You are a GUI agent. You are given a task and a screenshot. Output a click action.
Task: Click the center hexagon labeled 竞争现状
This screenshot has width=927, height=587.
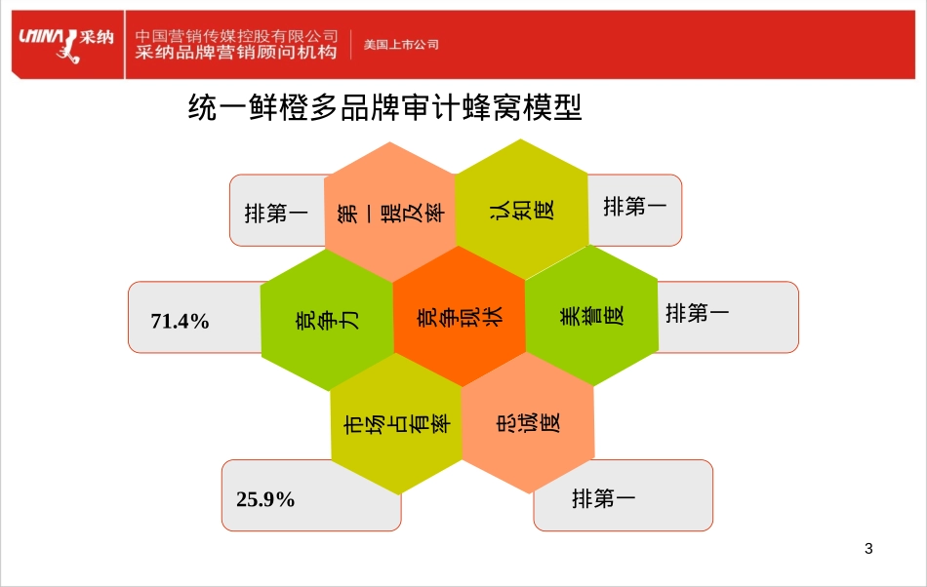[460, 316]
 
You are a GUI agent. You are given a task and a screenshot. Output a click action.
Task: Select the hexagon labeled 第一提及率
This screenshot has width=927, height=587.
[390, 211]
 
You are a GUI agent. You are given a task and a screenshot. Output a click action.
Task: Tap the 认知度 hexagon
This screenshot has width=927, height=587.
[522, 209]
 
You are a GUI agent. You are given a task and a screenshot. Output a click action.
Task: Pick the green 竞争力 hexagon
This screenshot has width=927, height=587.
[327, 318]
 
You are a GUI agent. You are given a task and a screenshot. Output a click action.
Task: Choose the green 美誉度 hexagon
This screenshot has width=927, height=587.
[592, 316]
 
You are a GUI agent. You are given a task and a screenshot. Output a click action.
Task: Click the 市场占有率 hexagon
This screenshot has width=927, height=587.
[396, 424]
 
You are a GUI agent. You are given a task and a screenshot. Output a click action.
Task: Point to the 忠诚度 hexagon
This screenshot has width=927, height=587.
[528, 422]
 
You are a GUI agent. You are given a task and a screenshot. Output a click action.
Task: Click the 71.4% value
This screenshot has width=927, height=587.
[181, 321]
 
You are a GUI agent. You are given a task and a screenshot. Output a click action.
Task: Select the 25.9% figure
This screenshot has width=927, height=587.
[265, 499]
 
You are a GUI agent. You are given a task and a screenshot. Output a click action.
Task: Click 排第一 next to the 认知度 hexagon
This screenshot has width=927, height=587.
[635, 207]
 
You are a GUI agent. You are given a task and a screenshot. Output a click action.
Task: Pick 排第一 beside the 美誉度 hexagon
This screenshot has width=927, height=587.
[698, 314]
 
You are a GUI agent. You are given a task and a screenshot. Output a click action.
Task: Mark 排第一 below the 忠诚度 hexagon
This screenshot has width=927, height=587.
[604, 499]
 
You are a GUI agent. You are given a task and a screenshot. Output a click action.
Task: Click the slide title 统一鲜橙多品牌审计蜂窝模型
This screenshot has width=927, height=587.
[385, 107]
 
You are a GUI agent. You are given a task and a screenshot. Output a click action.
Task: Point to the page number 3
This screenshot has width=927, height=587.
[868, 548]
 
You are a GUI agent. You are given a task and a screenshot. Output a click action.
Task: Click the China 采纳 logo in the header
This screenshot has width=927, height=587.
[65, 42]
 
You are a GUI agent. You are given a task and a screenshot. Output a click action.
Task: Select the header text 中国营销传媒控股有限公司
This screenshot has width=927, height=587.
[236, 35]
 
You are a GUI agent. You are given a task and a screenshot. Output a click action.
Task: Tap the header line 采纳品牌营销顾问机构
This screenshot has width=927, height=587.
[236, 53]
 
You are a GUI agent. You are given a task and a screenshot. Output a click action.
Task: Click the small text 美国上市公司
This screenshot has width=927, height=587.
[401, 45]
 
